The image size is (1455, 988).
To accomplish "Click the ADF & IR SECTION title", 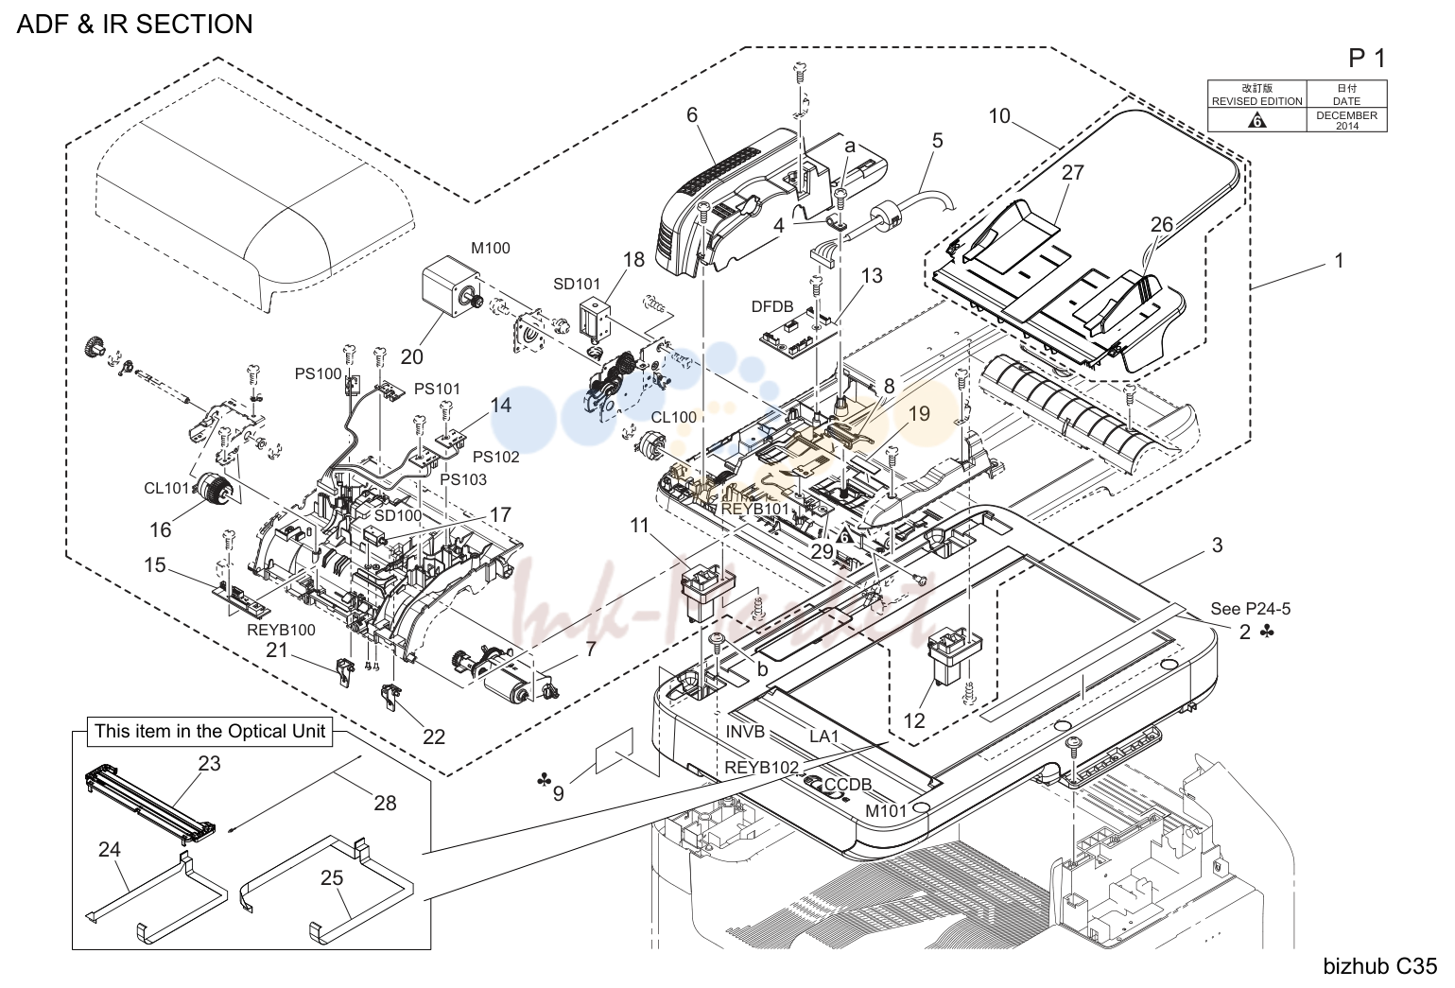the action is coord(134,24).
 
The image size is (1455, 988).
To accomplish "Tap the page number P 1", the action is coord(1367,59).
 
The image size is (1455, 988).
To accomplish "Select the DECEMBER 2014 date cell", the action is coord(1346,120).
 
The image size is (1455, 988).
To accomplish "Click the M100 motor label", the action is coord(491,248).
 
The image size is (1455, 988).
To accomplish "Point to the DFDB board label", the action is coord(772,306).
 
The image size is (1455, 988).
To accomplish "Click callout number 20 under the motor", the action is coord(412,356).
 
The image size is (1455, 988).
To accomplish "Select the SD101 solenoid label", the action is coord(577,284).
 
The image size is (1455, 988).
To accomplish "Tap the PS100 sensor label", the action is coord(318,373).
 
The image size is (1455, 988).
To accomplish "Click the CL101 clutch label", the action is coord(167,487).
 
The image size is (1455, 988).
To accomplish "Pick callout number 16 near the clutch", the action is coord(161,529).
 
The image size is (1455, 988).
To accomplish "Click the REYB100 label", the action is coord(281,630).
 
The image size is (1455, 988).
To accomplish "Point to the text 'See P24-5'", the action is coord(1251,609).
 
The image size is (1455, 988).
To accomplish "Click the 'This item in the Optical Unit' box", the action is coord(210,732).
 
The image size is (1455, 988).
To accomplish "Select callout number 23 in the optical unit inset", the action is coord(209,763).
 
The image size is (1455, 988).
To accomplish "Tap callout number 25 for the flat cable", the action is coord(331,877).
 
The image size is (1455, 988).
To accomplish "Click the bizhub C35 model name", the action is coord(1380,966).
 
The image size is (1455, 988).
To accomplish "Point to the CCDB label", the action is coord(848,784).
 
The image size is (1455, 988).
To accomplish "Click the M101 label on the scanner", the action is coord(886,810).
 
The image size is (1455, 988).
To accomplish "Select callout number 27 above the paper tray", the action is coord(1072,172).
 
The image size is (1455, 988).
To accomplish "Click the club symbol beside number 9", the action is coord(544,779).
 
